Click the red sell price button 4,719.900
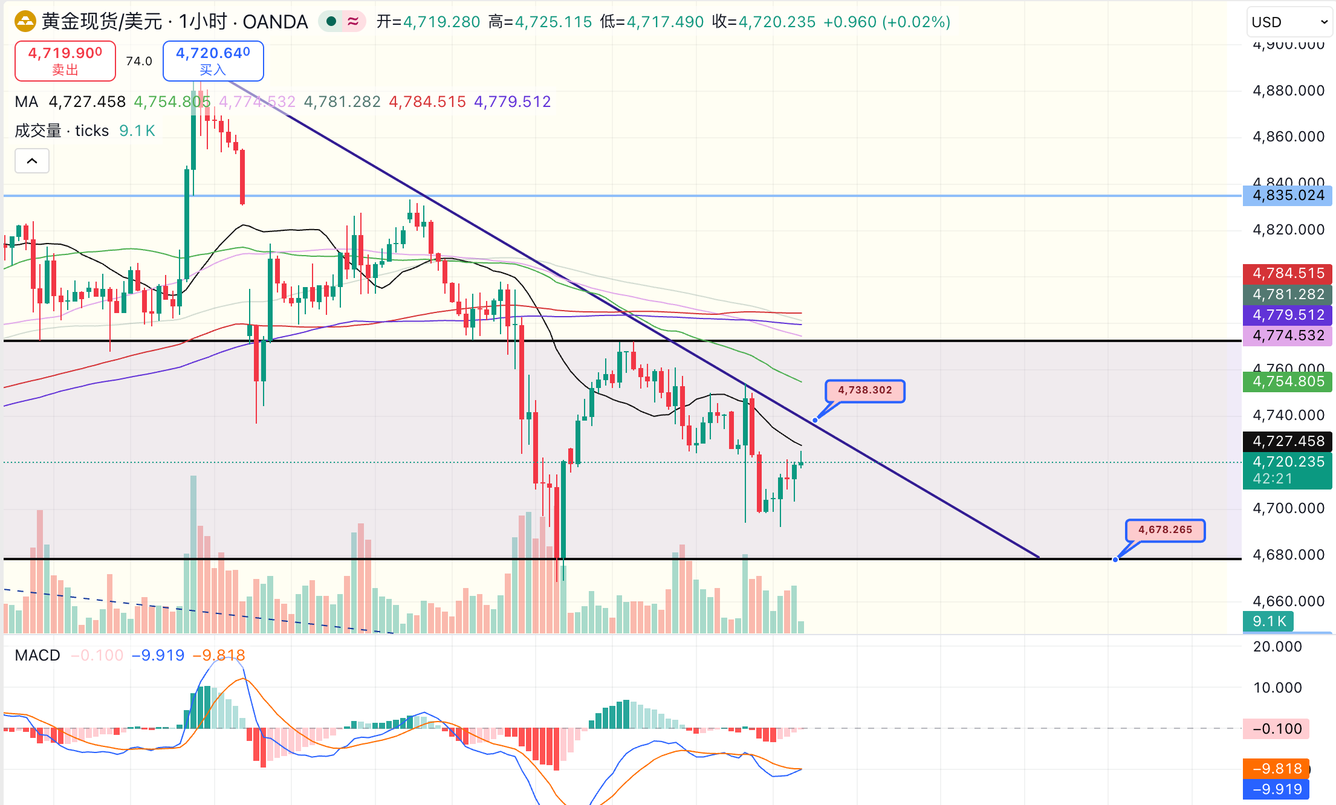click(65, 60)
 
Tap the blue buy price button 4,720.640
click(213, 60)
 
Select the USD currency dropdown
click(1289, 22)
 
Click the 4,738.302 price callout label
click(864, 390)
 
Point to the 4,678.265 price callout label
click(1165, 530)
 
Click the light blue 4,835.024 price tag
click(1288, 196)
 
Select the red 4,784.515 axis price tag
click(1288, 274)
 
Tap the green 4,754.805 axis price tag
click(1288, 382)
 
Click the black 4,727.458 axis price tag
click(1288, 441)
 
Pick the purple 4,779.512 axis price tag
click(1288, 315)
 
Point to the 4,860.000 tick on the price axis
click(1288, 137)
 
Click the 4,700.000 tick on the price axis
click(1288, 508)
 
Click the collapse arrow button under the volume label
click(32, 161)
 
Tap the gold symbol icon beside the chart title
click(25, 22)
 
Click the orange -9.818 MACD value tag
click(1276, 769)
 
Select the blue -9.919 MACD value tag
click(1276, 789)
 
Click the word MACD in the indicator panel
click(37, 656)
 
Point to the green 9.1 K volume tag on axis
click(1268, 621)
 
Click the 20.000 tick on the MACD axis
click(1277, 647)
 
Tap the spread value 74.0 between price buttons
click(139, 61)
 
